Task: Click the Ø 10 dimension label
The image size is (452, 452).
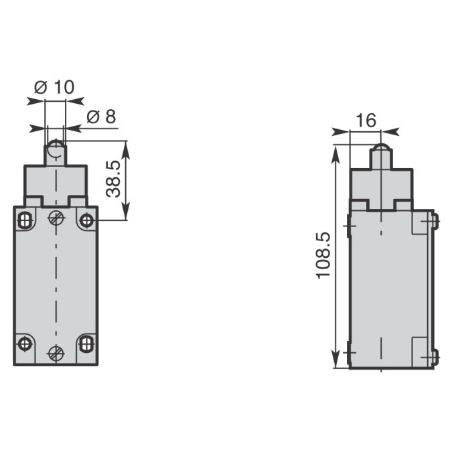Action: [54, 87]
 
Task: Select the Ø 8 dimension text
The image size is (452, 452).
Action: [101, 117]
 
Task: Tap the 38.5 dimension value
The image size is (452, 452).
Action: [113, 179]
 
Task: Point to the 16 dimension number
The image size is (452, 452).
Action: [366, 121]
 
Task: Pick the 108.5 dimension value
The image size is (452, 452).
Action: [323, 255]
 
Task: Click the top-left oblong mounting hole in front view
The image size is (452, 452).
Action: [25, 220]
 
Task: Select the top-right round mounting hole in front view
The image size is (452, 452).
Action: [86, 221]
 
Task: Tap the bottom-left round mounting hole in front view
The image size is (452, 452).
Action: [25, 344]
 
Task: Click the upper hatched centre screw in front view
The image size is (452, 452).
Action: [56, 218]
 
